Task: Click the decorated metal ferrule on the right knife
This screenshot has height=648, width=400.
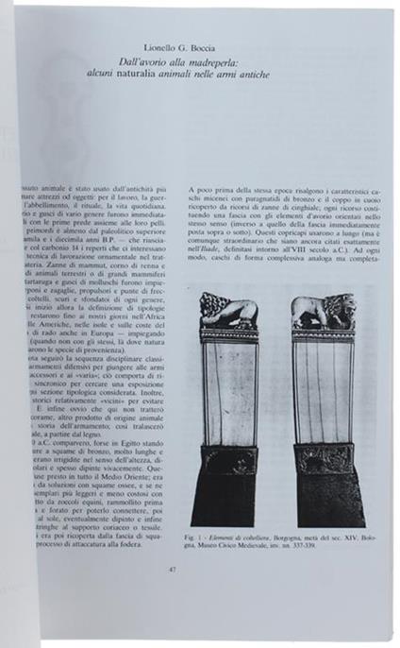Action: [x=324, y=458]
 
